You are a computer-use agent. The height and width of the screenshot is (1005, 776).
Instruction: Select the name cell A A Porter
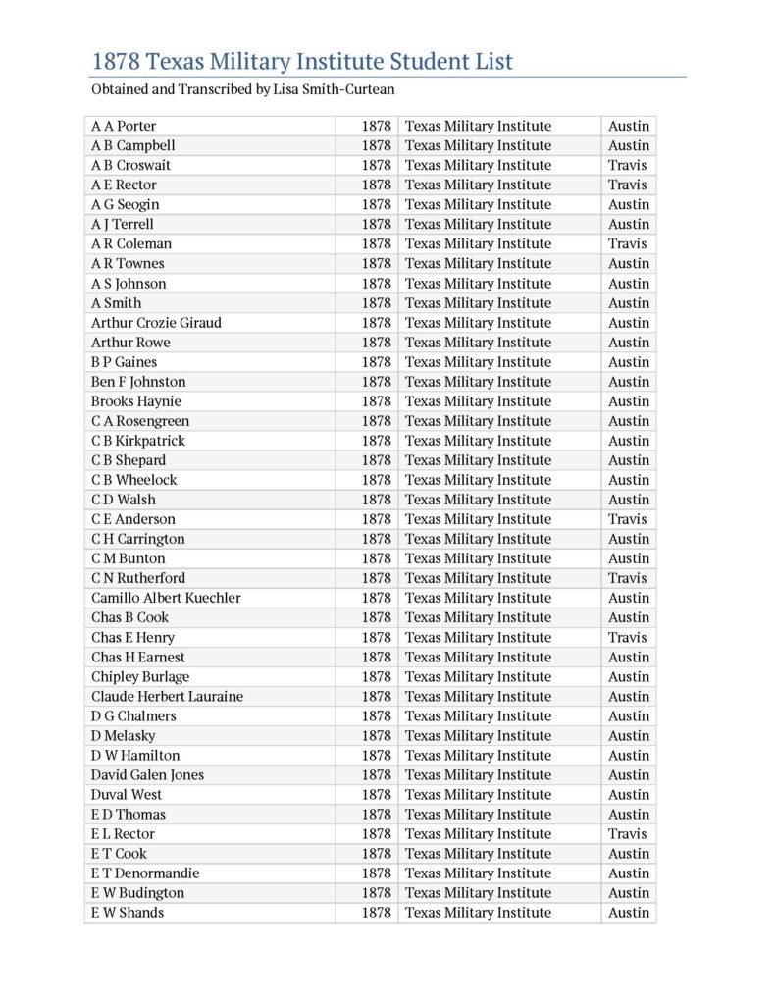point(124,126)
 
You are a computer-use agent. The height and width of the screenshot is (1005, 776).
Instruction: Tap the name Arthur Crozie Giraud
point(156,322)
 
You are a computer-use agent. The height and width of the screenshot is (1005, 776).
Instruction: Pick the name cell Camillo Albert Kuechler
point(166,598)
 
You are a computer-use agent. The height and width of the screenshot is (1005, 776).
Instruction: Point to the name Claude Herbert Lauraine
point(167,696)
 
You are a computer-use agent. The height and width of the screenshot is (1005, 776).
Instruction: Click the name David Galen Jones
point(147,774)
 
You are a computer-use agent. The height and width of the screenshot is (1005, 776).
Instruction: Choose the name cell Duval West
point(127,794)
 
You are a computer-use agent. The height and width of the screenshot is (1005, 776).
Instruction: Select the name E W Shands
point(128,912)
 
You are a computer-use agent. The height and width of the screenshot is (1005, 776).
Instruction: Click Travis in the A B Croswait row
point(627,165)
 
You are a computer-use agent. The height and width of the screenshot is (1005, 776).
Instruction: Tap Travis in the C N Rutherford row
point(627,578)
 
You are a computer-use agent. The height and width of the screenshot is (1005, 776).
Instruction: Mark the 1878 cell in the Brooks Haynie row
point(376,400)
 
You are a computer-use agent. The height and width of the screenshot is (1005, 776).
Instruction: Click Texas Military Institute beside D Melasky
point(478,735)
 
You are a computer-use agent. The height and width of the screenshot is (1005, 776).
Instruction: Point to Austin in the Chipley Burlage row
point(629,676)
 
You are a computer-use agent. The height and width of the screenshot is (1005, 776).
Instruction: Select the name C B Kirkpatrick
point(138,440)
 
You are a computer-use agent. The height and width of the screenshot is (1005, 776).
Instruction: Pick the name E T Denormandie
point(145,873)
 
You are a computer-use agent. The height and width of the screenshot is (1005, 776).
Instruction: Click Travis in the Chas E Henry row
point(627,637)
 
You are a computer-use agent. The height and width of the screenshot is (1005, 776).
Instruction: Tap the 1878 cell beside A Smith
point(376,302)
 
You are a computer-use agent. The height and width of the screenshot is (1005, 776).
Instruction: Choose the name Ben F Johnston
point(138,381)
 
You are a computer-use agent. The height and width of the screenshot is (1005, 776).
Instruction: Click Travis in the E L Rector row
point(627,833)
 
